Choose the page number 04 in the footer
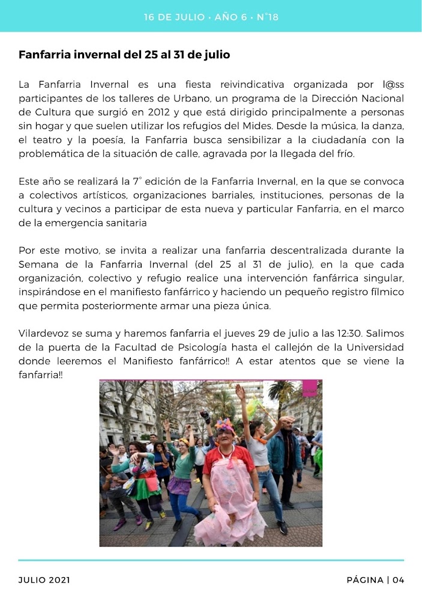pos(399,580)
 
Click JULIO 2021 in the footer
pos(44,580)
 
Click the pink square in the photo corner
pos(309,388)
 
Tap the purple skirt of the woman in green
pos(179,485)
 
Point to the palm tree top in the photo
pos(280,390)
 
